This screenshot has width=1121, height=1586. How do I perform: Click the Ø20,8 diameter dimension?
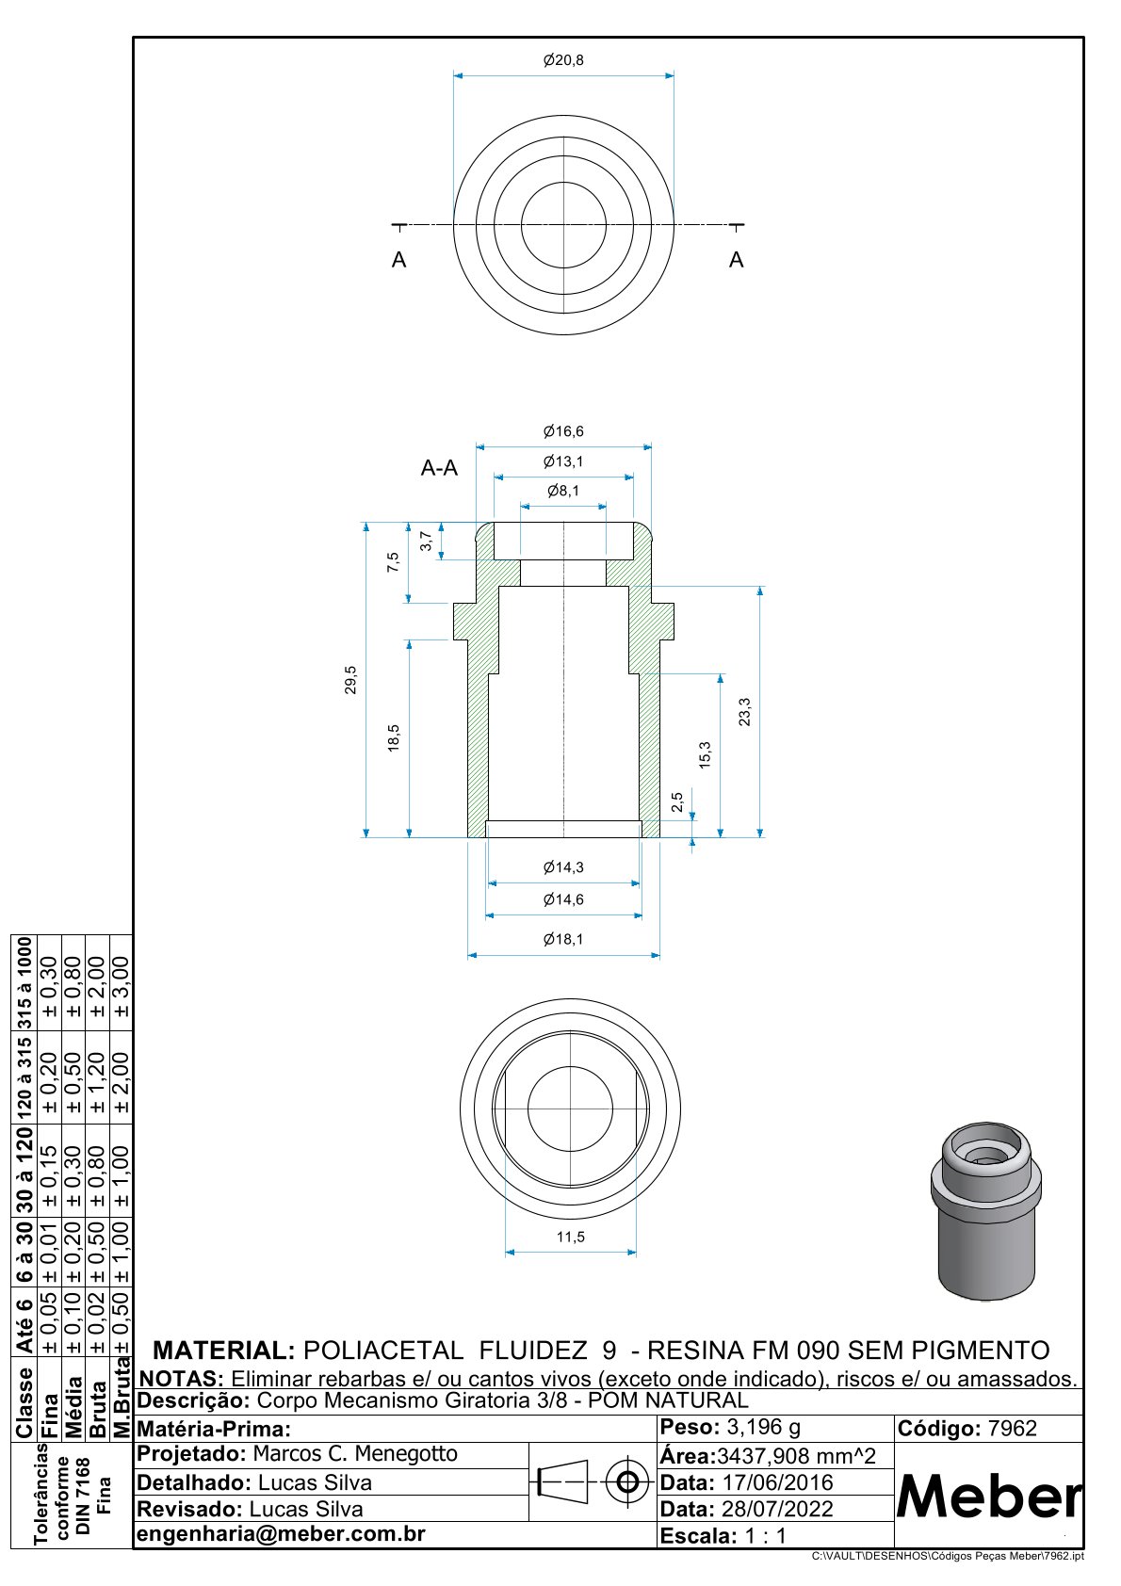click(563, 60)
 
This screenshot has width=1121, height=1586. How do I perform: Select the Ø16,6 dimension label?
click(563, 431)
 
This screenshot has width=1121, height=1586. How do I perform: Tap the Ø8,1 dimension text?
click(563, 491)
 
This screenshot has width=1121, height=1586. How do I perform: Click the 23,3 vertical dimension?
click(745, 712)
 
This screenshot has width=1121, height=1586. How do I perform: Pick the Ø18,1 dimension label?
click(563, 939)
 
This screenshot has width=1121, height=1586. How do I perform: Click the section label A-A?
click(439, 468)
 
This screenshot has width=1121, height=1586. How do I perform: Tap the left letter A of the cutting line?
click(398, 261)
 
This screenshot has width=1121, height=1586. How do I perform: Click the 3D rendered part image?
click(985, 1211)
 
